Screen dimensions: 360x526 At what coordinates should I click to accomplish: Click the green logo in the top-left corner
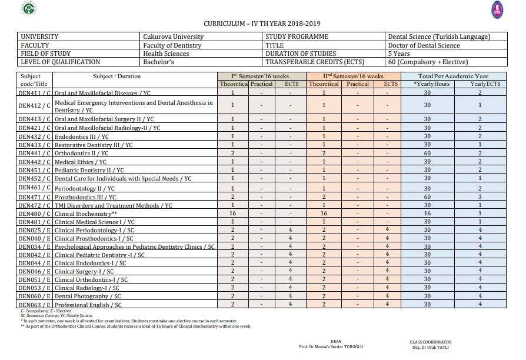click(x=28, y=8)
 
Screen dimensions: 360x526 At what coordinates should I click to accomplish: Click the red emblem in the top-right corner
click(x=497, y=9)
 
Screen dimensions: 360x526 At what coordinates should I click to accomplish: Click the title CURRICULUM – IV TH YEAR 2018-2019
click(x=262, y=24)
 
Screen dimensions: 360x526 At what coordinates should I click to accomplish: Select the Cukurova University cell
click(x=174, y=36)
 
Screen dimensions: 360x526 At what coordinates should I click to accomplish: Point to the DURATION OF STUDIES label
click(x=301, y=54)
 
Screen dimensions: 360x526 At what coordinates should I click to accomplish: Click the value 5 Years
click(x=400, y=54)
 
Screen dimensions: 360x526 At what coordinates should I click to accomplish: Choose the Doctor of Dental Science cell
click(x=424, y=45)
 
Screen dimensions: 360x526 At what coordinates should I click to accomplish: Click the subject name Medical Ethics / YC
click(x=81, y=162)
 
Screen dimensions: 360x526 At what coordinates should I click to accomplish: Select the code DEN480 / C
click(x=34, y=214)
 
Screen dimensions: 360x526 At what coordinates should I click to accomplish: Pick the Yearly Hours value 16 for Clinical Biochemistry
click(x=427, y=214)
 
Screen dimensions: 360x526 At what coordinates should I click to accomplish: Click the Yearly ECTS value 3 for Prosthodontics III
click(x=480, y=197)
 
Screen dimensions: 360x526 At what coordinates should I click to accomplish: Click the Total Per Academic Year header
click(x=453, y=76)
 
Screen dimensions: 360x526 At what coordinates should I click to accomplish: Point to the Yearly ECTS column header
click(x=485, y=84)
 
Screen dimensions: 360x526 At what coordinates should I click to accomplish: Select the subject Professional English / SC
click(x=88, y=305)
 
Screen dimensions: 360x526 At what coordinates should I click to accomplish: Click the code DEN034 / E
click(x=34, y=246)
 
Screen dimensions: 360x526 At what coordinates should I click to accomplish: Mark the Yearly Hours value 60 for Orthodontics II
click(x=427, y=154)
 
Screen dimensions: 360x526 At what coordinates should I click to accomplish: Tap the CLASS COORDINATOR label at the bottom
click(x=431, y=342)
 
